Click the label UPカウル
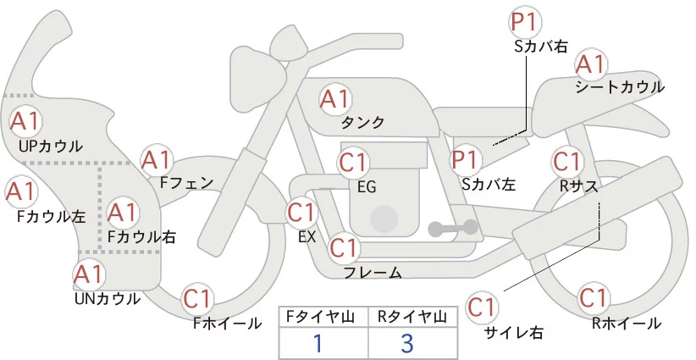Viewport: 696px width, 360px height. (51, 146)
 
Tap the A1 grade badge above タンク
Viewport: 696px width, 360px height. (335, 100)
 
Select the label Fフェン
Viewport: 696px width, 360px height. (186, 182)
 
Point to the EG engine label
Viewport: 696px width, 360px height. (367, 187)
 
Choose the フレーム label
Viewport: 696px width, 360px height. (373, 273)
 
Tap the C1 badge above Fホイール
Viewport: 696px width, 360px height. (197, 299)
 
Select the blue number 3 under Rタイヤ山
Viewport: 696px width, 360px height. (407, 343)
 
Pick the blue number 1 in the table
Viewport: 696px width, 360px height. (318, 343)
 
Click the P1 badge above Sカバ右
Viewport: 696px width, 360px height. (525, 22)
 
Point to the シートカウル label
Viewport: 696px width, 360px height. (620, 86)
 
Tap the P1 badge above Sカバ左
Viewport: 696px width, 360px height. (465, 159)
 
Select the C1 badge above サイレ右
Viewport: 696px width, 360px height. (482, 307)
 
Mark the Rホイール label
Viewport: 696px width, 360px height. (627, 324)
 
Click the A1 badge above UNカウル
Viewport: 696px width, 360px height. (90, 274)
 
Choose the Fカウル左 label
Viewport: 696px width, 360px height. (51, 216)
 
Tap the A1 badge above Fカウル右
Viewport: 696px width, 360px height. (122, 213)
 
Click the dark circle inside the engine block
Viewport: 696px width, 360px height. (384, 219)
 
